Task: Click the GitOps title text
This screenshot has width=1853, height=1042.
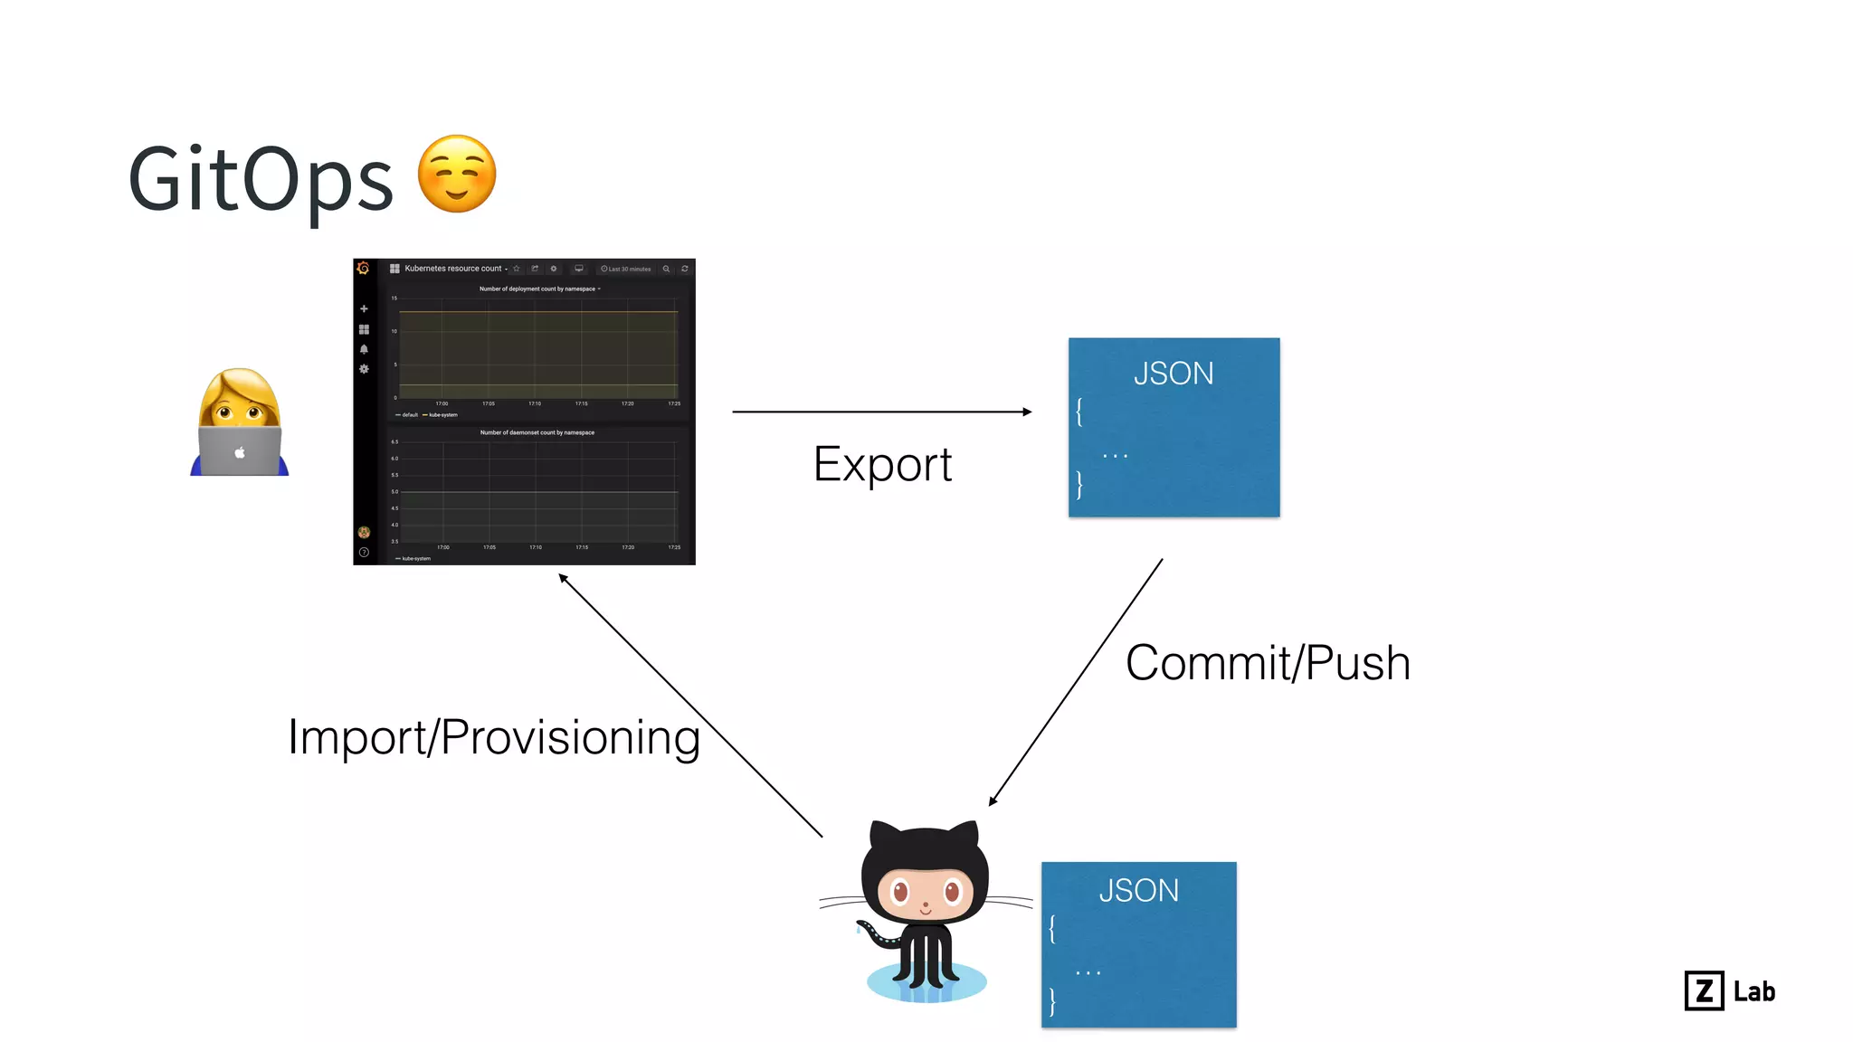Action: pos(261,179)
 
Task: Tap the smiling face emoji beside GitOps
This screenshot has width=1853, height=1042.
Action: pos(457,175)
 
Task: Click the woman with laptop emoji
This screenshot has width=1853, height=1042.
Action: pos(239,422)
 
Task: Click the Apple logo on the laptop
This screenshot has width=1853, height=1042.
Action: pos(240,452)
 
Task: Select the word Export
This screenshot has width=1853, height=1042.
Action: pos(882,465)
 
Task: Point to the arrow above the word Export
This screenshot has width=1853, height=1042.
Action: pos(882,412)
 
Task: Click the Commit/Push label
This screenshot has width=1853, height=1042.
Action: pos(1268,663)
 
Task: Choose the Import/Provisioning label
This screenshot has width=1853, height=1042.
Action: pos(494,737)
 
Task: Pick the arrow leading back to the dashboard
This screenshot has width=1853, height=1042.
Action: pos(689,706)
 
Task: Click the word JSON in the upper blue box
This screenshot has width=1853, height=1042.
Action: pos(1174,374)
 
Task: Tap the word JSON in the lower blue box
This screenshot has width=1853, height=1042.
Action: pos(1138,891)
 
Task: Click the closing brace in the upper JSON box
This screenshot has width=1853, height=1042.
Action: pos(1079,485)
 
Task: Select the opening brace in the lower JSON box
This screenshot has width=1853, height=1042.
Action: pos(1052,929)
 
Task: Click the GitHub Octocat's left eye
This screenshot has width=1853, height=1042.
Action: pos(899,894)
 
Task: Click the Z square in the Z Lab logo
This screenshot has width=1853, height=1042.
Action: pos(1704,990)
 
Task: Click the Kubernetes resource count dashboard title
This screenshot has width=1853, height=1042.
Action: pos(452,269)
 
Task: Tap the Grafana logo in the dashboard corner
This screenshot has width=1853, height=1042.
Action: pos(364,269)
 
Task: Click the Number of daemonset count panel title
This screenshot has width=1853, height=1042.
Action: pos(537,432)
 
